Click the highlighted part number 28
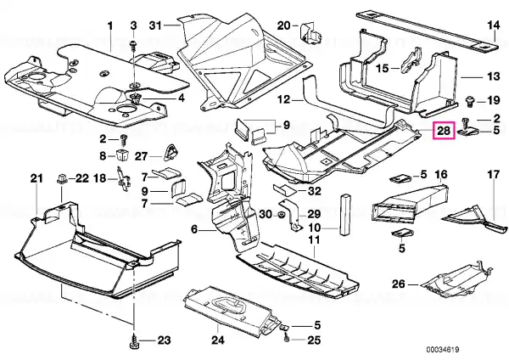[x=444, y=131]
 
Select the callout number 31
[x=155, y=25]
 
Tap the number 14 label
[x=493, y=25]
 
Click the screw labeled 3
[x=133, y=45]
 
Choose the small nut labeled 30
[x=281, y=215]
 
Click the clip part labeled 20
[x=310, y=32]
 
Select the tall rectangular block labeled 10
[x=345, y=215]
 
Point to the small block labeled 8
[x=121, y=155]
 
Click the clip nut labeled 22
[x=62, y=178]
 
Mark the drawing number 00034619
[x=443, y=350]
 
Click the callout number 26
[x=399, y=284]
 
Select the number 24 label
[x=218, y=340]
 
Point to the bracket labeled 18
[x=123, y=179]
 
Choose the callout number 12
[x=283, y=98]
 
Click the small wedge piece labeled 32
[x=285, y=189]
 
